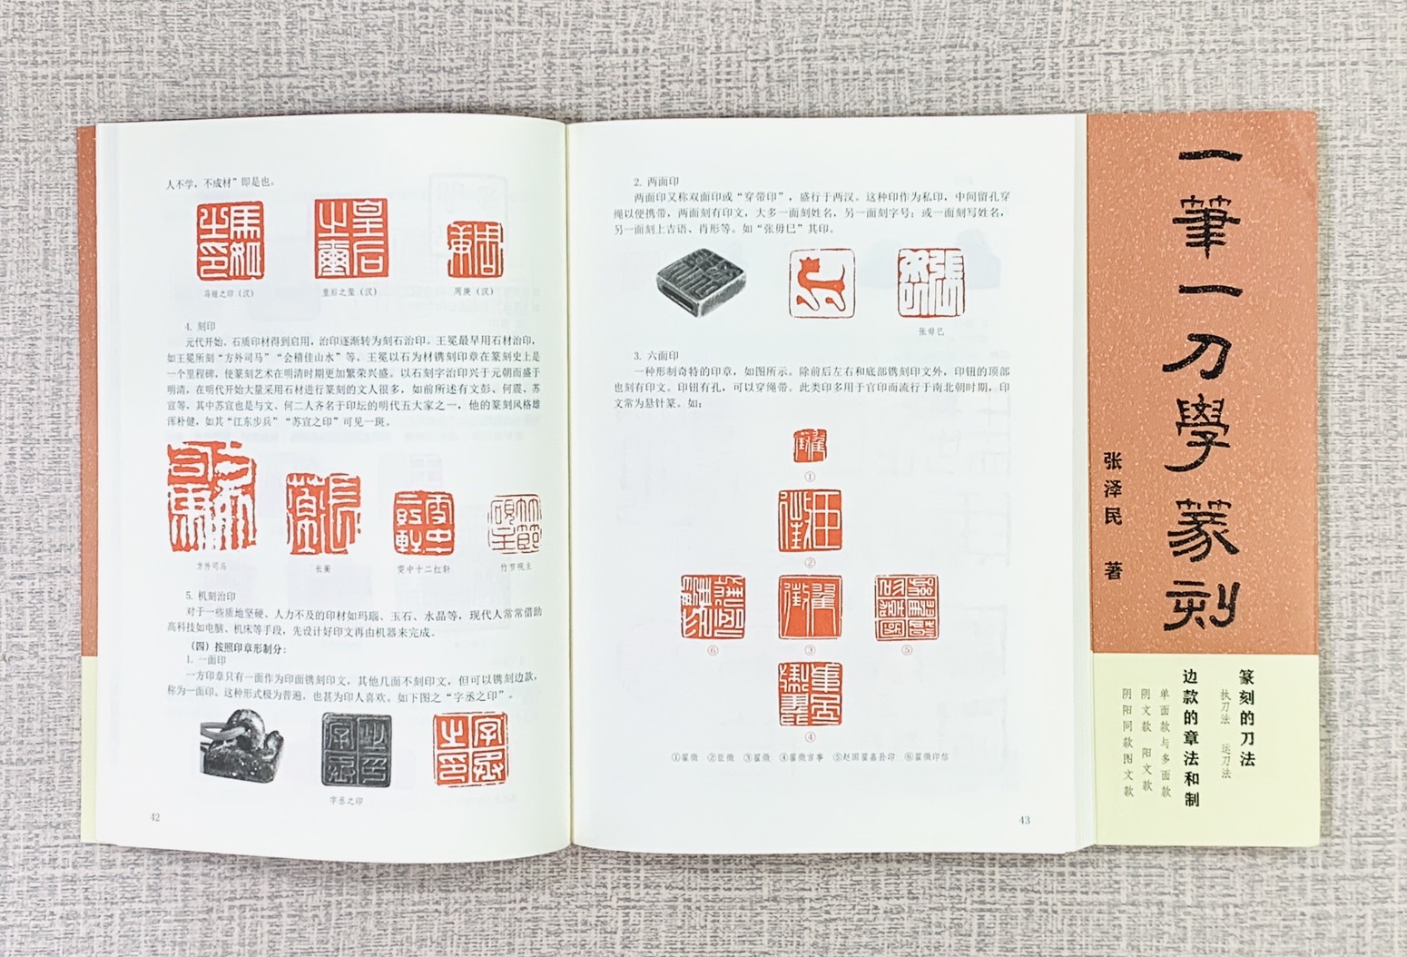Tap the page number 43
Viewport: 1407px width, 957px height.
1024,821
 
